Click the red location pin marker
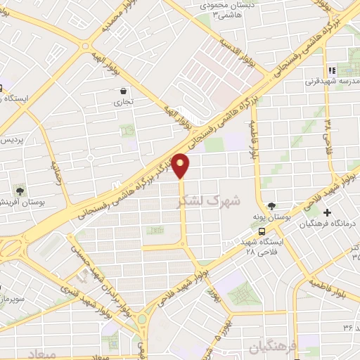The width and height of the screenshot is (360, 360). click(x=181, y=166)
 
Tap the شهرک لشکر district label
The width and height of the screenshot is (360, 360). click(x=210, y=201)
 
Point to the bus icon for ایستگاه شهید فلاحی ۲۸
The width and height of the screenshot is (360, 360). click(x=262, y=231)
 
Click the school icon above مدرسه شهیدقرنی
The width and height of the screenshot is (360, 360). click(x=332, y=70)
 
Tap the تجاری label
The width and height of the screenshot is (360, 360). click(x=124, y=102)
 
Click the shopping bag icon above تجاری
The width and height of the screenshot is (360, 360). click(x=124, y=91)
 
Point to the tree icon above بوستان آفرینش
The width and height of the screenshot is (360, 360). click(x=20, y=190)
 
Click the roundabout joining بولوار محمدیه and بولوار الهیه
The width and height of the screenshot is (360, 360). click(x=84, y=48)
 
